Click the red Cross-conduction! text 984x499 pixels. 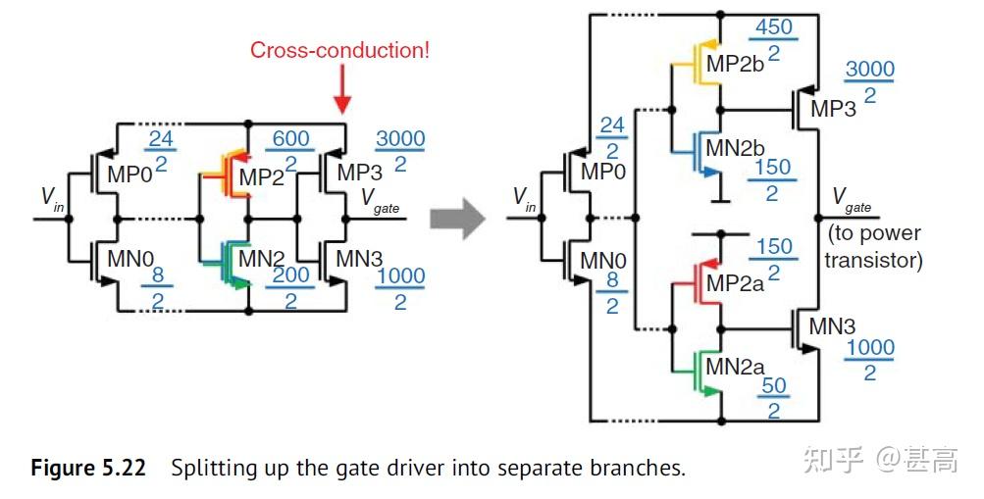point(339,50)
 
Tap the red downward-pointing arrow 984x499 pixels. point(342,98)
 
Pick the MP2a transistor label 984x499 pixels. point(737,285)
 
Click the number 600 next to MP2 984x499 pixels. point(290,140)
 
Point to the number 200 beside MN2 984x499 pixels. point(290,277)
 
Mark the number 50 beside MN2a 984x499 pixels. point(774,385)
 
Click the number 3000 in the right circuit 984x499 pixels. point(869,71)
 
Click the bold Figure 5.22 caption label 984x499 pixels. point(88,468)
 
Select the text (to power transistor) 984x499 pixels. point(874,247)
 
